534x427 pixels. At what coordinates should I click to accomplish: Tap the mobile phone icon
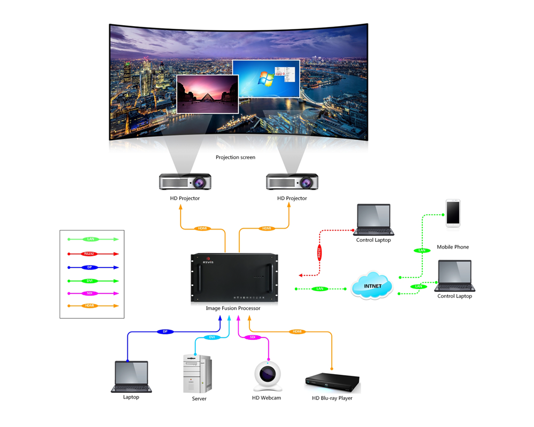coord(453,213)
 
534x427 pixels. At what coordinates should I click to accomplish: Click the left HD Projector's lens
coord(200,183)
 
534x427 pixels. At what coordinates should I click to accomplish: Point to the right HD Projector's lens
coord(307,183)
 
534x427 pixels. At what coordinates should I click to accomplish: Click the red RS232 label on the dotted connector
coord(319,252)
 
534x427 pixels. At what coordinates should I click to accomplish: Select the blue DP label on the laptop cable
coord(165,331)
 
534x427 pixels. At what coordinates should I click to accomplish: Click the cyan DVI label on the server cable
coord(211,337)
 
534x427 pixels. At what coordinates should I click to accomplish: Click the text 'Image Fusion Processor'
coord(233,309)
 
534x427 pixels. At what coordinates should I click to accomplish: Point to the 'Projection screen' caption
coord(235,157)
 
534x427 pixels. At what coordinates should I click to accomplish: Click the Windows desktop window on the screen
coord(266,78)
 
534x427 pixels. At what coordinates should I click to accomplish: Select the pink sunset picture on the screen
coord(207,93)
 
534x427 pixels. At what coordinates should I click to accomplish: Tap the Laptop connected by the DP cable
coord(131,377)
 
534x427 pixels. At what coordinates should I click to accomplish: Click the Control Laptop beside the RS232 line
coord(373,220)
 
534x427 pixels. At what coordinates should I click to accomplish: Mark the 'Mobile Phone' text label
coord(453,247)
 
